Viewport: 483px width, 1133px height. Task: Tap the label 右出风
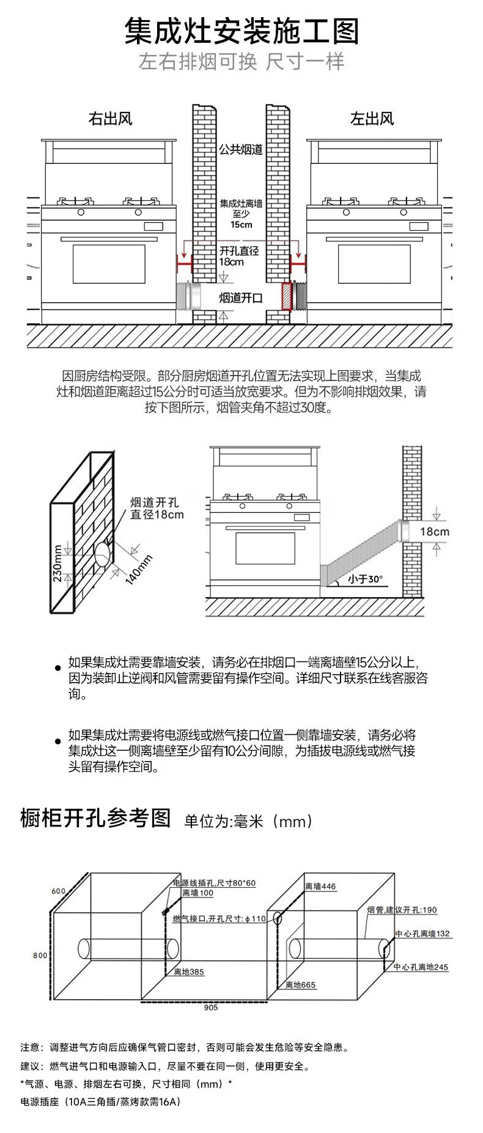pyautogui.click(x=110, y=119)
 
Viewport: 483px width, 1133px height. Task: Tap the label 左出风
pyautogui.click(x=372, y=119)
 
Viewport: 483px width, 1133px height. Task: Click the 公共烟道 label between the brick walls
pyautogui.click(x=241, y=149)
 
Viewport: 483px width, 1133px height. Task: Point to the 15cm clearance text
pyautogui.click(x=241, y=225)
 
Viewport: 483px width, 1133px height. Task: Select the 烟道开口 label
pyautogui.click(x=241, y=298)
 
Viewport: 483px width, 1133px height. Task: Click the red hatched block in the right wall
pyautogui.click(x=286, y=296)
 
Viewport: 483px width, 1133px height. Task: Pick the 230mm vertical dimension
pyautogui.click(x=57, y=563)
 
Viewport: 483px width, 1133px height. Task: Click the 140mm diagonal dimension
pyautogui.click(x=139, y=569)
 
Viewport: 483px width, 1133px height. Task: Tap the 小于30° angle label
pyautogui.click(x=365, y=579)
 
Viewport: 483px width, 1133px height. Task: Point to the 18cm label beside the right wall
pyautogui.click(x=434, y=532)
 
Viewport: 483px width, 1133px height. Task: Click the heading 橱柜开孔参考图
pyautogui.click(x=95, y=818)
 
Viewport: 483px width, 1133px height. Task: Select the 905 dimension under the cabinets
pyautogui.click(x=210, y=1008)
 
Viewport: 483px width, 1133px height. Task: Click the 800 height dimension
pyautogui.click(x=40, y=955)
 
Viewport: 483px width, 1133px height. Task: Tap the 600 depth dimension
pyautogui.click(x=58, y=891)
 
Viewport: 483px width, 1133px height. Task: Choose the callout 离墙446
pyautogui.click(x=320, y=886)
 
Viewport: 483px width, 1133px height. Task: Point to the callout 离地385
pyautogui.click(x=189, y=972)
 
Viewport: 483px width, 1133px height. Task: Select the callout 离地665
pyautogui.click(x=300, y=985)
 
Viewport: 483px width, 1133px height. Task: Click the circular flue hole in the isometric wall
pyautogui.click(x=103, y=553)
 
